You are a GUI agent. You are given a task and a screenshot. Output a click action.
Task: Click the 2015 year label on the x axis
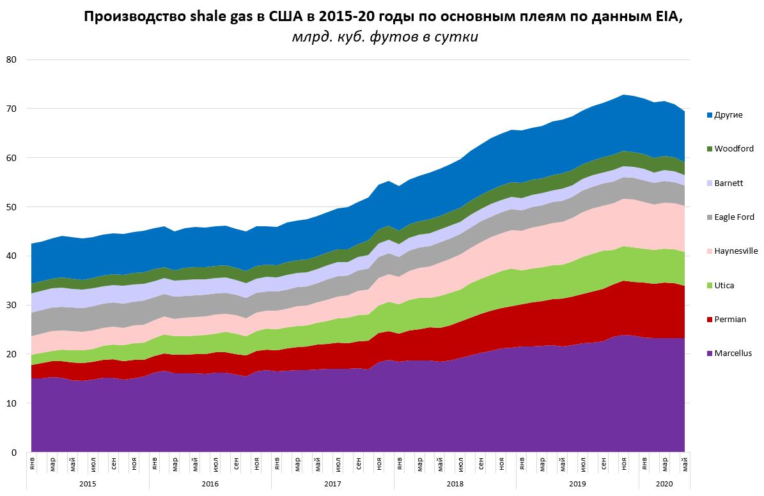88,484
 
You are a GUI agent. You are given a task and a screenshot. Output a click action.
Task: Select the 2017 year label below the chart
332,484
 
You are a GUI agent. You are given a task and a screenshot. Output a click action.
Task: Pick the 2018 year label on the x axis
455,484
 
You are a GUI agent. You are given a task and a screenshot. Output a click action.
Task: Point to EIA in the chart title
669,17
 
